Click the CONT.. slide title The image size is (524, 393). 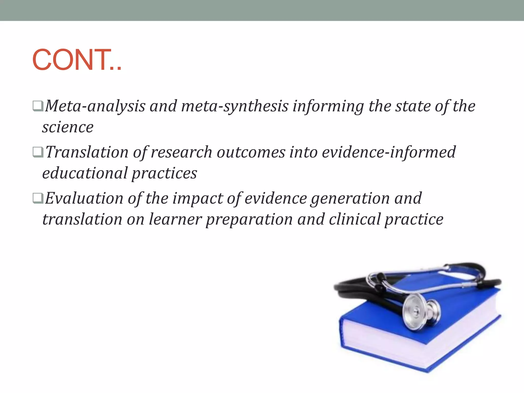(77, 60)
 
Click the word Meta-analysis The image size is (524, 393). (95, 106)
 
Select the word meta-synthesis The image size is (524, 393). (235, 106)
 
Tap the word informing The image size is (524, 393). (328, 106)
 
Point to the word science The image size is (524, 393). (68, 127)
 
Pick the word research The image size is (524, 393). (181, 152)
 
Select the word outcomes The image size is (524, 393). (251, 152)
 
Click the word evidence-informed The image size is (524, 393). (389, 152)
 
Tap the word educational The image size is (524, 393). (85, 173)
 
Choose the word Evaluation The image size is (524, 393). (84, 198)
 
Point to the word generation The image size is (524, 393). (350, 198)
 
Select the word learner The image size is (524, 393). (175, 219)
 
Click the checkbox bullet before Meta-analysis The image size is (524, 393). (38, 106)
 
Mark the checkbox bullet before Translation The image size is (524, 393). (38, 152)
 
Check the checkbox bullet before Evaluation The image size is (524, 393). (38, 198)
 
